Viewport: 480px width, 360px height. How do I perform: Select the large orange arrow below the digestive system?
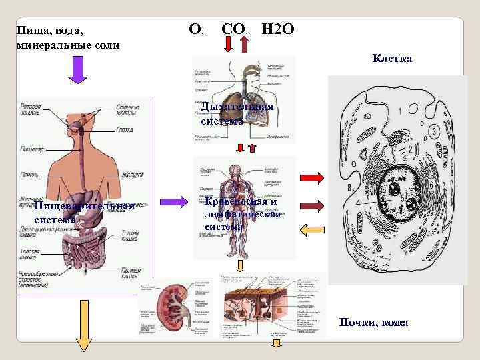coord(85,325)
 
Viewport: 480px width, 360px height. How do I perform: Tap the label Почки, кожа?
coord(373,323)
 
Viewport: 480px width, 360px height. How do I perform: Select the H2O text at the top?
coord(277,29)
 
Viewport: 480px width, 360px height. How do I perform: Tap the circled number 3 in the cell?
coord(434,132)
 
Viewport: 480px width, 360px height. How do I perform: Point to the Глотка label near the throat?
coord(125,129)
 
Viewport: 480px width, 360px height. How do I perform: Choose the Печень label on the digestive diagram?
coord(29,175)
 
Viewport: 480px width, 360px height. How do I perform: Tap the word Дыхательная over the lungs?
coord(237,108)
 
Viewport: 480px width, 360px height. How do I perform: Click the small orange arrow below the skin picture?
coord(275,343)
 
